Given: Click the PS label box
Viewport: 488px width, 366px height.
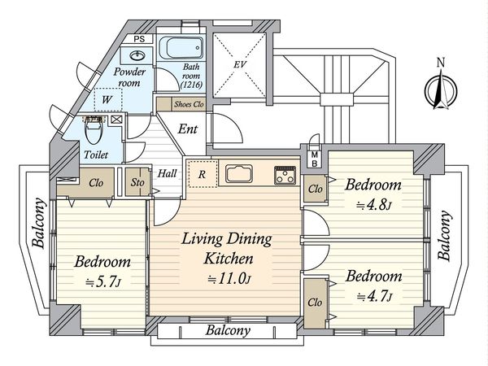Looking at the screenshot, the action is tap(139, 39).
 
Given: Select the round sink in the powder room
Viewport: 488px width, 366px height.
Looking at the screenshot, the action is tap(137, 55).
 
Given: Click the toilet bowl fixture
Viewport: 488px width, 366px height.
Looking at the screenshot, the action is tap(93, 131).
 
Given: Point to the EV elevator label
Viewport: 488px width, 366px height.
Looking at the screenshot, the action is tap(240, 64).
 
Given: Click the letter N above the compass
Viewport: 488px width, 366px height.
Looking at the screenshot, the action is tap(441, 63).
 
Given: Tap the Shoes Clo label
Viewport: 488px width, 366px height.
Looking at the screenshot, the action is tap(189, 104).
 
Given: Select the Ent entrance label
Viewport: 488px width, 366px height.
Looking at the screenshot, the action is tap(188, 129).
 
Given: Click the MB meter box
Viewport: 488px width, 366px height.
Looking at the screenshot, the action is tap(314, 159).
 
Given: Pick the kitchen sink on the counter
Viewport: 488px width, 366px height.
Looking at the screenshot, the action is tap(239, 174).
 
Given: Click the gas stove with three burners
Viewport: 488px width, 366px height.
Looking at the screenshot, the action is tap(285, 175).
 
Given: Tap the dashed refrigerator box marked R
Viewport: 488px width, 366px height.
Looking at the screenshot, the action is tap(203, 174).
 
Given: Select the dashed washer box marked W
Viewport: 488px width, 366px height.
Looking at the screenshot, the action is tap(108, 99).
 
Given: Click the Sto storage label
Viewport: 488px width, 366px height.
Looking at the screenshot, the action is tap(137, 183).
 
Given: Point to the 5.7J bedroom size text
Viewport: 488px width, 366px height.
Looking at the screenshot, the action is tap(103, 282).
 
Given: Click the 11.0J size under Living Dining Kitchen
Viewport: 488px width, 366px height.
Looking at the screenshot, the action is tap(229, 279).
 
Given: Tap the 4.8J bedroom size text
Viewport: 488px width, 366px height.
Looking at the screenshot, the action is tap(373, 206).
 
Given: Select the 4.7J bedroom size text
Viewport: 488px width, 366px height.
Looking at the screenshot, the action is tap(374, 296).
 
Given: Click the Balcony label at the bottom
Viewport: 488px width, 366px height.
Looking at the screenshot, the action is tap(228, 330).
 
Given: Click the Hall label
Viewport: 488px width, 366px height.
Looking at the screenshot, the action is tap(167, 173).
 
